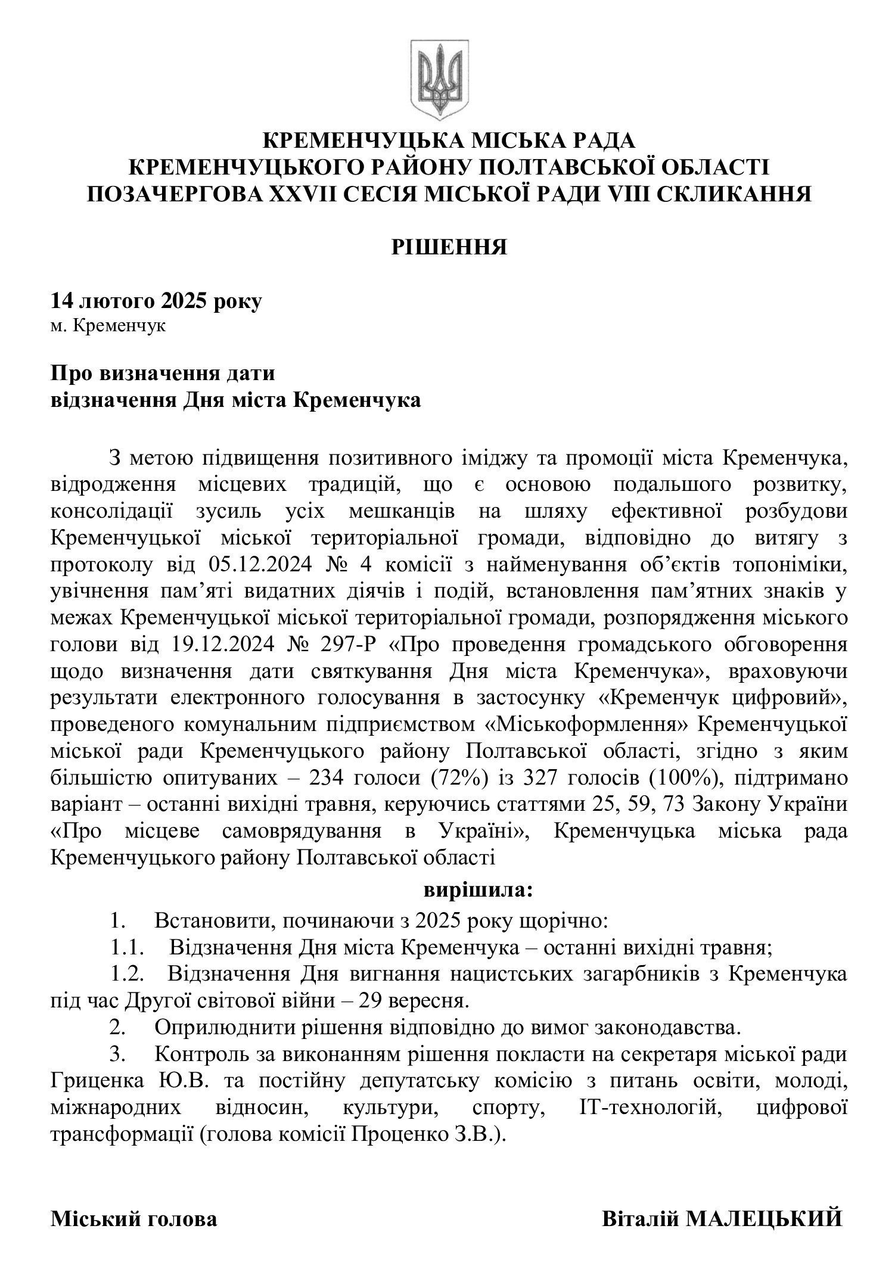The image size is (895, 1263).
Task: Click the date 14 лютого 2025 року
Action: tap(156, 301)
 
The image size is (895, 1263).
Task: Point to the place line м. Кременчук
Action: tap(108, 327)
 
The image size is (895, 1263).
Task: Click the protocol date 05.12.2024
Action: tap(260, 563)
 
